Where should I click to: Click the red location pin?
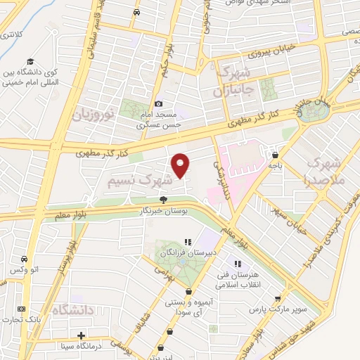coord(181,165)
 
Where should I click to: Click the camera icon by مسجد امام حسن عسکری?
coord(158,103)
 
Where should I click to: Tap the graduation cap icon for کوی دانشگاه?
coord(30,62)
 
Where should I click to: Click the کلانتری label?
coord(11,33)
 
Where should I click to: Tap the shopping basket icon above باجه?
coord(275,154)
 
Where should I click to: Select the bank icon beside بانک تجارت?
coord(21,309)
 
